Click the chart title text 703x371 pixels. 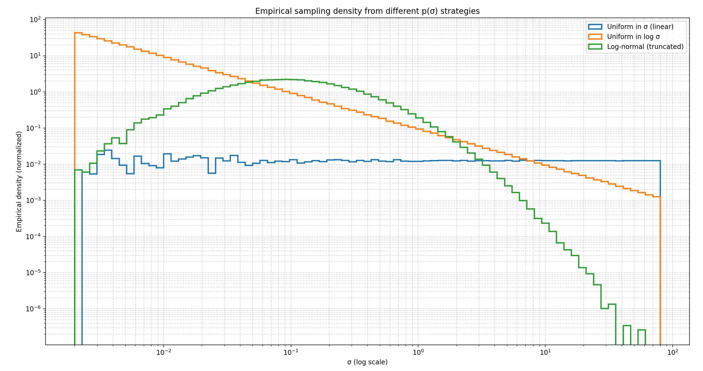pos(367,11)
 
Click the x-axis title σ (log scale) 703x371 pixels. pos(367,362)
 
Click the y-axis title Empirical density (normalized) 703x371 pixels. pos(19,182)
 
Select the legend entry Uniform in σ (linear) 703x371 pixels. pos(640,27)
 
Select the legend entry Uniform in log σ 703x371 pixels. pos(633,37)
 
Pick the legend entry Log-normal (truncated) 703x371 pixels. pos(645,47)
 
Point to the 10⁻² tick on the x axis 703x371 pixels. pos(164,352)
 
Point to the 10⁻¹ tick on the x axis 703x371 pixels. pos(291,352)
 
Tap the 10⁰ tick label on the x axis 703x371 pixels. pos(418,352)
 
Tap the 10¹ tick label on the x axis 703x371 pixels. pos(545,352)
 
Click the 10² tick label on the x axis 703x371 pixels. pos(672,352)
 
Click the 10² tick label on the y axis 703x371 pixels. pos(35,20)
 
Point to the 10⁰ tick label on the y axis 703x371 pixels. pos(35,92)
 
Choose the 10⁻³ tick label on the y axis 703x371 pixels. pos(34,200)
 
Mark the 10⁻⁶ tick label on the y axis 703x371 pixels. pos(34,309)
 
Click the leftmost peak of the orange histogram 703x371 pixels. pos(78,33)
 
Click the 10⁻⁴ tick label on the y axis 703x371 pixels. pos(34,236)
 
